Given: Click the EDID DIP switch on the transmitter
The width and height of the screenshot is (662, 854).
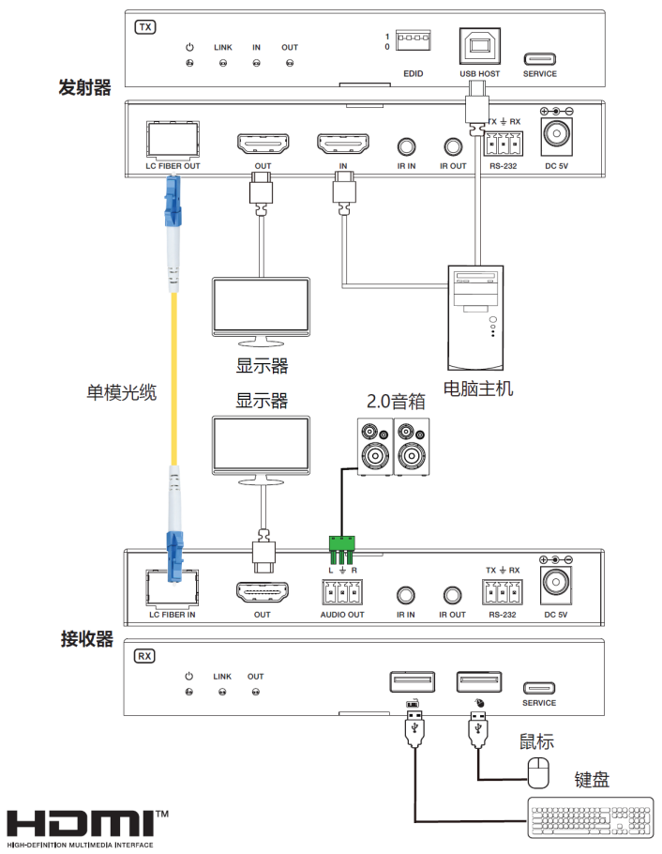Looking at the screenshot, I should click(x=412, y=40).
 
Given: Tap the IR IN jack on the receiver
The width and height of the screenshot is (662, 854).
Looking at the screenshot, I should click(x=406, y=593).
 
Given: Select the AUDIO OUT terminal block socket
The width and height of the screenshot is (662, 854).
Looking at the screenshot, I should click(x=342, y=593).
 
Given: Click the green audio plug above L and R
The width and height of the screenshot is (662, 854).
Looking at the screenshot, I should click(x=342, y=543).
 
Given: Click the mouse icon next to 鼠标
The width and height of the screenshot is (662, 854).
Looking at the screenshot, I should click(x=537, y=772).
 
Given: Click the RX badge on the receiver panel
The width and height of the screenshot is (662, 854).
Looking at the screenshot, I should click(x=145, y=656).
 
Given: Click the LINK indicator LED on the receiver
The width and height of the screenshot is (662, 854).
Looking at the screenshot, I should click(x=222, y=693).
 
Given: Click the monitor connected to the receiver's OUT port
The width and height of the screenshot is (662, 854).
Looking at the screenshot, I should click(x=261, y=447).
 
